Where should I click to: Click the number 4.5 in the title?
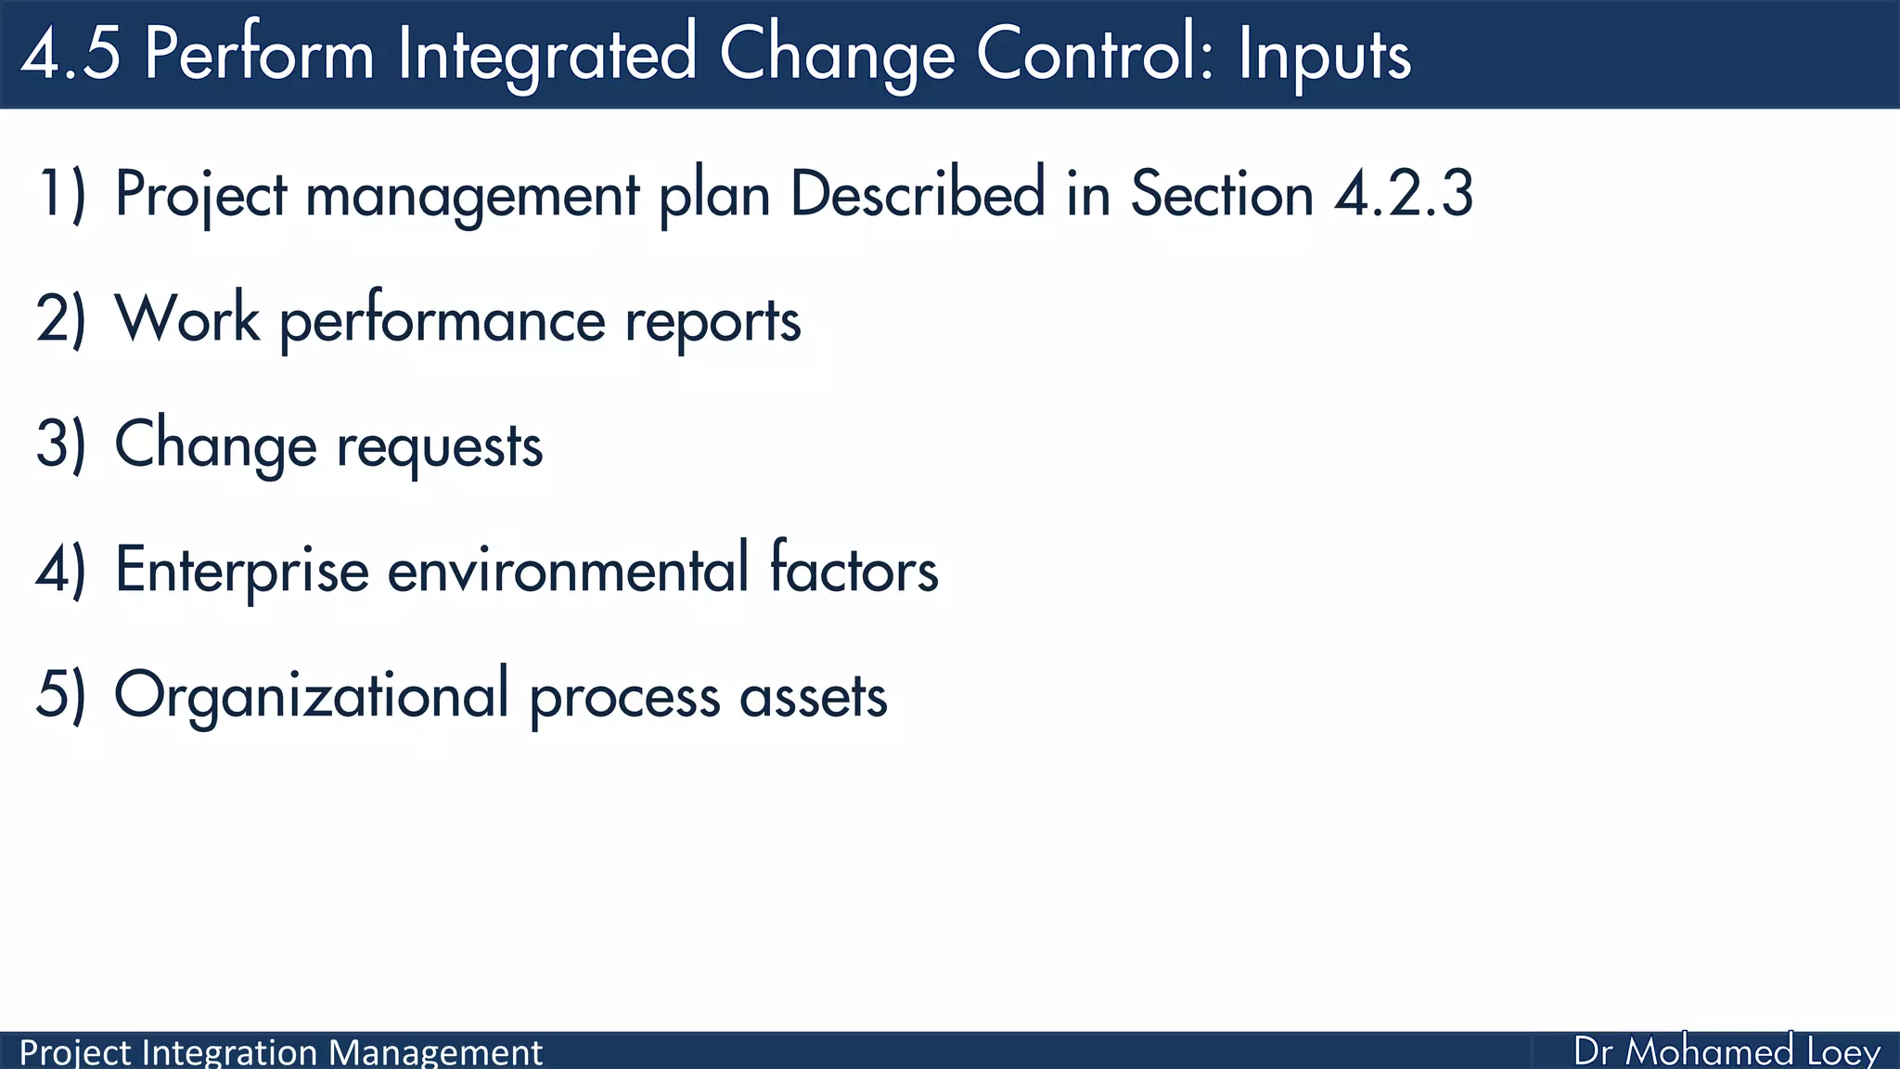coord(71,54)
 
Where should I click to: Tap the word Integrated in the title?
coord(546,54)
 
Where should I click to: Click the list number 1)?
coord(61,195)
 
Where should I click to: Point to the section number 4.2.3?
coord(1404,195)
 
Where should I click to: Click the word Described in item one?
coord(918,195)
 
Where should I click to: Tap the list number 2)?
coord(61,320)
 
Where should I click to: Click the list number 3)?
coord(61,445)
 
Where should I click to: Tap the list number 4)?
coord(61,570)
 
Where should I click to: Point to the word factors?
coord(854,570)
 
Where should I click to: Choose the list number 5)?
coord(61,695)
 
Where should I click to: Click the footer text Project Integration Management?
coord(280,1052)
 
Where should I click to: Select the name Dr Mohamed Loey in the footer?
coord(1727,1051)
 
